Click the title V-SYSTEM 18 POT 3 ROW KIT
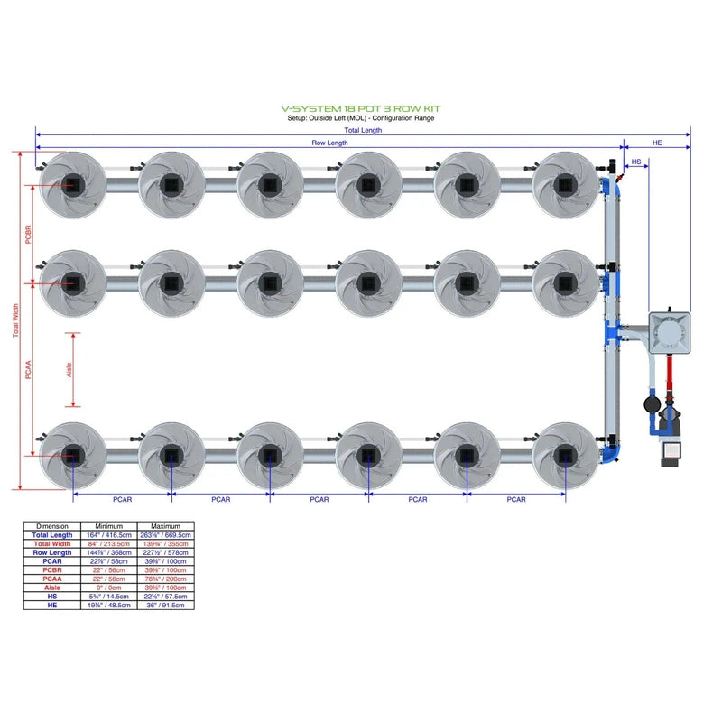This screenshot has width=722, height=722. point(361,108)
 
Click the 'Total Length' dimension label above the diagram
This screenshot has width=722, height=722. point(364,130)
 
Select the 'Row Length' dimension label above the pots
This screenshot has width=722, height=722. point(330,143)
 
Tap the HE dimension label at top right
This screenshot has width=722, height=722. point(657,143)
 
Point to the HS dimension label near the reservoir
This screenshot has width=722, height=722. point(636,162)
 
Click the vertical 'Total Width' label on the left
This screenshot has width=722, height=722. point(15,320)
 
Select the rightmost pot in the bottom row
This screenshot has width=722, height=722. point(565,455)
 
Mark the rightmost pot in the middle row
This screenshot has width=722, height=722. point(565,282)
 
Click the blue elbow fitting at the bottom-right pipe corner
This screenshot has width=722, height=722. point(613,448)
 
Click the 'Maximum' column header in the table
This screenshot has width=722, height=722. point(166,526)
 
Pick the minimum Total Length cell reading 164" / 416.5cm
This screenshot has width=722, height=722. point(109,534)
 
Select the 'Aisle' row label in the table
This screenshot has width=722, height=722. point(52,588)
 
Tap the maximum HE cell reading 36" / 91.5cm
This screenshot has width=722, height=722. point(166,605)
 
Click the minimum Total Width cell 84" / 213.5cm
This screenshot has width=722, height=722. point(109,543)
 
